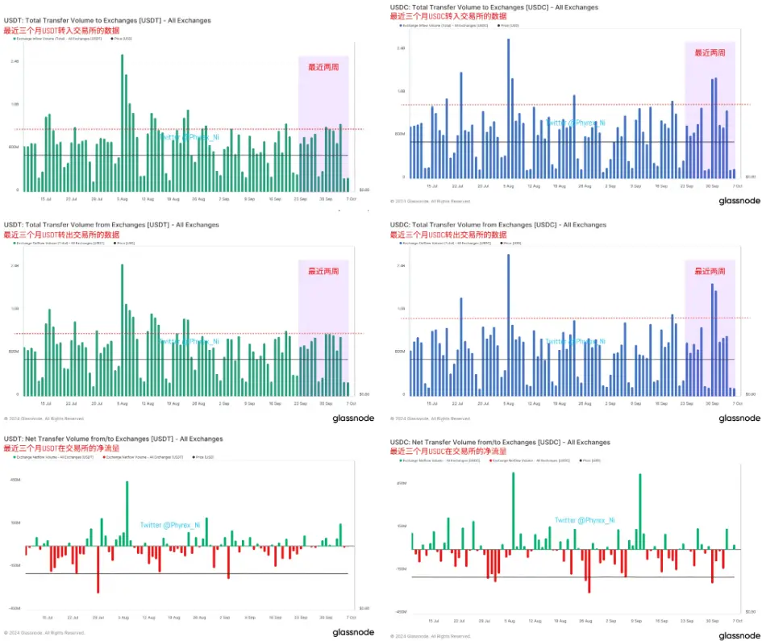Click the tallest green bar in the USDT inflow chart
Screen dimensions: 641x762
coord(122,121)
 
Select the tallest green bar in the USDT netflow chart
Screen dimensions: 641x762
coord(127,513)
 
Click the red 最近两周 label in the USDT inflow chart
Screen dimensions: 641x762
coord(323,67)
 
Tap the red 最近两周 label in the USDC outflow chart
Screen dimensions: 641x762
coord(710,272)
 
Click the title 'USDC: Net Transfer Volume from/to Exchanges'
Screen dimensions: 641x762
coord(501,443)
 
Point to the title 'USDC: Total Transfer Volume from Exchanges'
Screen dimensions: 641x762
coord(498,225)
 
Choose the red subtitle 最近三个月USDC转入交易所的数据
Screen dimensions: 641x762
coord(449,16)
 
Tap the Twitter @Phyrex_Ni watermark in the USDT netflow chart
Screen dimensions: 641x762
coord(169,525)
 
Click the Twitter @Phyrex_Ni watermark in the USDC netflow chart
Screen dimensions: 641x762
coord(584,520)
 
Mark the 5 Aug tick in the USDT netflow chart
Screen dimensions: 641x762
coord(123,618)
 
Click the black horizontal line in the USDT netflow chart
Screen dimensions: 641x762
coord(185,573)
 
